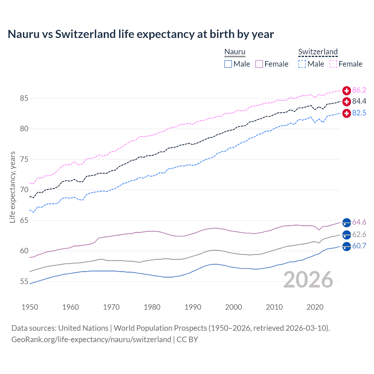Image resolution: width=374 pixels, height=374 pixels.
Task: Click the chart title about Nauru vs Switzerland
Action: (x=141, y=34)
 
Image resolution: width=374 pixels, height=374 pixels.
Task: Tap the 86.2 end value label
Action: (x=359, y=90)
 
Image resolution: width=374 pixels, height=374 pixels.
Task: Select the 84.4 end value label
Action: (x=359, y=101)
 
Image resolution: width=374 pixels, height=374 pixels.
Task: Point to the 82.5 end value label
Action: (x=359, y=113)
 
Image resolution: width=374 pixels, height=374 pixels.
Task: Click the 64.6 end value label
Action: (x=359, y=222)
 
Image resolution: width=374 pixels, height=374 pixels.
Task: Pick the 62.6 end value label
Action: (x=359, y=234)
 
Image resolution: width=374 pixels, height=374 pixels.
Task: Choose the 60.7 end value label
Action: (x=359, y=246)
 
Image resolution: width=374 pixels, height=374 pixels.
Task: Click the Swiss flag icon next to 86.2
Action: (x=347, y=91)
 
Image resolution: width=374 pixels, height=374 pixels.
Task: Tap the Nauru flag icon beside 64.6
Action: (x=347, y=222)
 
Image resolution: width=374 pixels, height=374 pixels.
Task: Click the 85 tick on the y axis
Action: (x=24, y=98)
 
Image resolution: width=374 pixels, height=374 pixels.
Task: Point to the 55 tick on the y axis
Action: (x=24, y=282)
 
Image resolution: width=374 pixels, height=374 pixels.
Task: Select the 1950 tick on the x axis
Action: (x=30, y=307)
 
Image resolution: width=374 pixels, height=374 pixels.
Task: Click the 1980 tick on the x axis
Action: (x=152, y=307)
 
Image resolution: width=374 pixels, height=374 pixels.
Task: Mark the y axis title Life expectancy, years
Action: (x=12, y=187)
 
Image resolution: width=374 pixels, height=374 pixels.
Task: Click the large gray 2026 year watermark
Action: (x=308, y=280)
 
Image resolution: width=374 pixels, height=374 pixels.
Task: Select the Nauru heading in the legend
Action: (x=235, y=52)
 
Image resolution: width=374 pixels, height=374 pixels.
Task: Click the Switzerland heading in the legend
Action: (x=318, y=52)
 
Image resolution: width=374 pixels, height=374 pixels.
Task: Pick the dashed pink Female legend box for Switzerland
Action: (x=333, y=64)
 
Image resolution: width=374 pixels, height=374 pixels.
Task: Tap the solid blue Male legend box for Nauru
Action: (x=228, y=64)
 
